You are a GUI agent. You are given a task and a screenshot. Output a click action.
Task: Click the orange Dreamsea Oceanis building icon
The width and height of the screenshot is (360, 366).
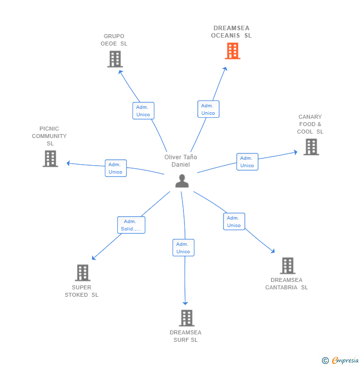232,51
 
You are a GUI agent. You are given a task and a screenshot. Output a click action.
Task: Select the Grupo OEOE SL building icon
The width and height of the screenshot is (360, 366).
115,59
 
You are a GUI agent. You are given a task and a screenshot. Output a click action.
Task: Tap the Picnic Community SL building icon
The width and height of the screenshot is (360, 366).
50,159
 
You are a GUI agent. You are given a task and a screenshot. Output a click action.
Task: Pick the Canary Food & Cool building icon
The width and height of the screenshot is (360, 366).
311,147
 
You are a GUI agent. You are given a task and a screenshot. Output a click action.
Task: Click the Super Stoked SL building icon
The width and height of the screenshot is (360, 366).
83,273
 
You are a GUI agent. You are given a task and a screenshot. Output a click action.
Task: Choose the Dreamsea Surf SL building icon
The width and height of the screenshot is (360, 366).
186,318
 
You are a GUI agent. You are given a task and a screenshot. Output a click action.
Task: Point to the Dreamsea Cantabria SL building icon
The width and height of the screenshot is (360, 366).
288,266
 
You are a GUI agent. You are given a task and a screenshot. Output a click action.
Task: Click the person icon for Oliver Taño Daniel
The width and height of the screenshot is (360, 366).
182,181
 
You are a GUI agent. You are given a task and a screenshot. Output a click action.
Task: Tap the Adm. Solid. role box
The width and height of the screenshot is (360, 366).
131,225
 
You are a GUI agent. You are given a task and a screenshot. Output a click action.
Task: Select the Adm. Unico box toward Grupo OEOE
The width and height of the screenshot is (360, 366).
143,111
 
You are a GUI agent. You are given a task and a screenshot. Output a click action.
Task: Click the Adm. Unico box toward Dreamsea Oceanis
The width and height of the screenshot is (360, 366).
208,109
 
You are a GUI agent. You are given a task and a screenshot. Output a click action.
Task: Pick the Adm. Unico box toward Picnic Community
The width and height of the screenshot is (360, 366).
116,168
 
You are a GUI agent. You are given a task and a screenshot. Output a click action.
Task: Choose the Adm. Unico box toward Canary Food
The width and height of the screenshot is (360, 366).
247,162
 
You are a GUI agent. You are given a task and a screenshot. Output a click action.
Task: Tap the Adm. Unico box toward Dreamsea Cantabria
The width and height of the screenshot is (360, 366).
234,222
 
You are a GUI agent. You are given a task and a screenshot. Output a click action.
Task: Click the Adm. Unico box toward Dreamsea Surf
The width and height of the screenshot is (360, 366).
183,248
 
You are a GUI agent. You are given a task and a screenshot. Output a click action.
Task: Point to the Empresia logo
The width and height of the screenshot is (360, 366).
340,361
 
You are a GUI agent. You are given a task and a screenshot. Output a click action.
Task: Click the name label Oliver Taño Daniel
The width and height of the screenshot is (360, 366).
181,161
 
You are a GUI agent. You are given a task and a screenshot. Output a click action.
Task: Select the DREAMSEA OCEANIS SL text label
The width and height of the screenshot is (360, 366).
231,32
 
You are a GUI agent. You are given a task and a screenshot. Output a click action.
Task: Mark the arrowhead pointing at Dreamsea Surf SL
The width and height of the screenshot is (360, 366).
185,303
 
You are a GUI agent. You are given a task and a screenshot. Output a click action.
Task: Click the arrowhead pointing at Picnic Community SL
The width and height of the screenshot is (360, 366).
68,163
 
